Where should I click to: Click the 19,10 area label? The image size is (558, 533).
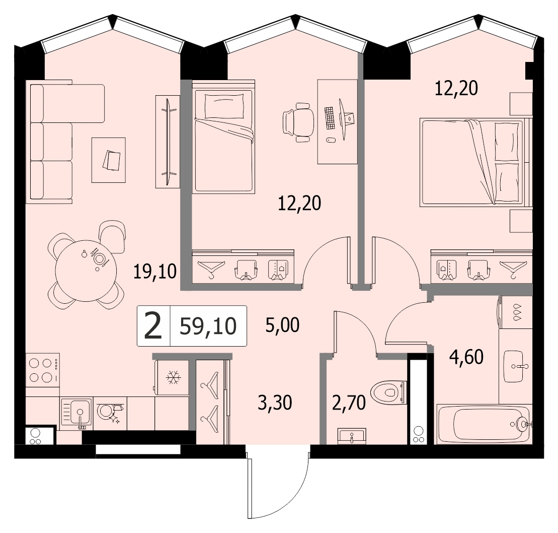pos(155,272)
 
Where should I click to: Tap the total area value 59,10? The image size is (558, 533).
pos(208,325)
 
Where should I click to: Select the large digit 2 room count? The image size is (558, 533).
pos(153,325)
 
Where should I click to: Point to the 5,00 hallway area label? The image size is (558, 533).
pos(283,325)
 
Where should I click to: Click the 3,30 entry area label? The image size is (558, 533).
pos(275,403)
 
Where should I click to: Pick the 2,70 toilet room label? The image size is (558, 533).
pos(349,403)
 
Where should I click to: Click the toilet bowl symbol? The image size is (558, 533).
pos(388,392)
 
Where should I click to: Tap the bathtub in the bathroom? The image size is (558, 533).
pos(484,424)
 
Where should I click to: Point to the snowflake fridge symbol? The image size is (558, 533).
pos(173,377)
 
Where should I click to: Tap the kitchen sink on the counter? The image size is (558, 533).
pos(76,413)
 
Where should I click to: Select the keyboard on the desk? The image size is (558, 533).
pos(330,117)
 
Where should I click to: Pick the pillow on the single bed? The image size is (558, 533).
pos(224,106)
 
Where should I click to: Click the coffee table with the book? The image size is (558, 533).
pos(109,160)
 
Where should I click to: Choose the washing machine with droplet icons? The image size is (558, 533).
pos(515,312)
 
